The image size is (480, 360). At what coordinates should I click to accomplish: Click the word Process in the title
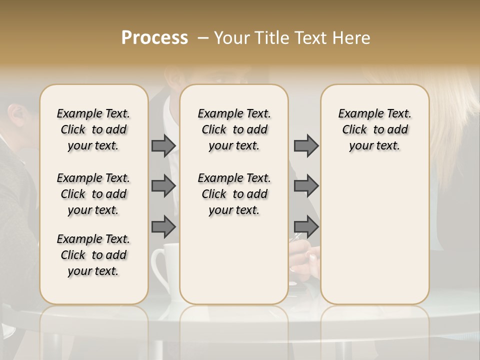154,37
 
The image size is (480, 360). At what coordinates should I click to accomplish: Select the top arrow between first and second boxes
163,145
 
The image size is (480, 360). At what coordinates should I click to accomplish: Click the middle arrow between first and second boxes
163,186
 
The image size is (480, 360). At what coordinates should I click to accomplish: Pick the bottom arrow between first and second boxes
163,227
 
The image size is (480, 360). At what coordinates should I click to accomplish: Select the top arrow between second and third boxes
306,145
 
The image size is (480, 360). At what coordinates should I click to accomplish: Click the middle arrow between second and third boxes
306,186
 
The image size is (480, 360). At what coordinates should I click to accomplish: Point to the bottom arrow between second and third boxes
306,227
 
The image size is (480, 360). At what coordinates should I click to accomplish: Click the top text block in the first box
93,129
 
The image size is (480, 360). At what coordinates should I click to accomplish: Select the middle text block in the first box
93,194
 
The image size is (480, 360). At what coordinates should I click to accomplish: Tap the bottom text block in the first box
93,255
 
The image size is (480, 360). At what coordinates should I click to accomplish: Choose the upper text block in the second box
234,129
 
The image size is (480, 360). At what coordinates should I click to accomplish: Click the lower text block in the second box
234,194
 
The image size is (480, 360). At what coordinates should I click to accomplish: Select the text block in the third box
375,129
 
